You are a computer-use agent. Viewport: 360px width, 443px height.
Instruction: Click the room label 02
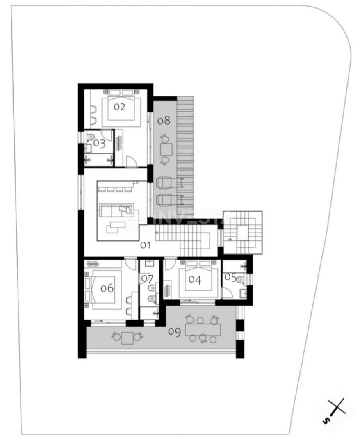tap(119, 107)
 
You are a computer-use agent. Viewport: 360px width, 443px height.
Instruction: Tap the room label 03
tap(99, 144)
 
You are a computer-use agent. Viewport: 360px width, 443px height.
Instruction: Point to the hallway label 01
tap(146, 245)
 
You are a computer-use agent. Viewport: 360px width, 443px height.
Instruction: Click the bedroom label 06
tap(107, 288)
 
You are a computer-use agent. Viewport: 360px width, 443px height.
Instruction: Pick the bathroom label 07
tap(147, 279)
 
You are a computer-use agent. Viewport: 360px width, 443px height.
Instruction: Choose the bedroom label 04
tap(195, 280)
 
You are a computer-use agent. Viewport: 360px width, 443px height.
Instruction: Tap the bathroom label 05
tap(230, 278)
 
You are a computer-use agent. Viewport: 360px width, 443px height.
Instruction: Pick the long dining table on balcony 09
tap(203, 329)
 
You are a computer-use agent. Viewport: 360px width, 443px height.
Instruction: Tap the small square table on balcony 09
tap(128, 338)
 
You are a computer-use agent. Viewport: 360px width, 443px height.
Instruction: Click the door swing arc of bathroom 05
tap(226, 292)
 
